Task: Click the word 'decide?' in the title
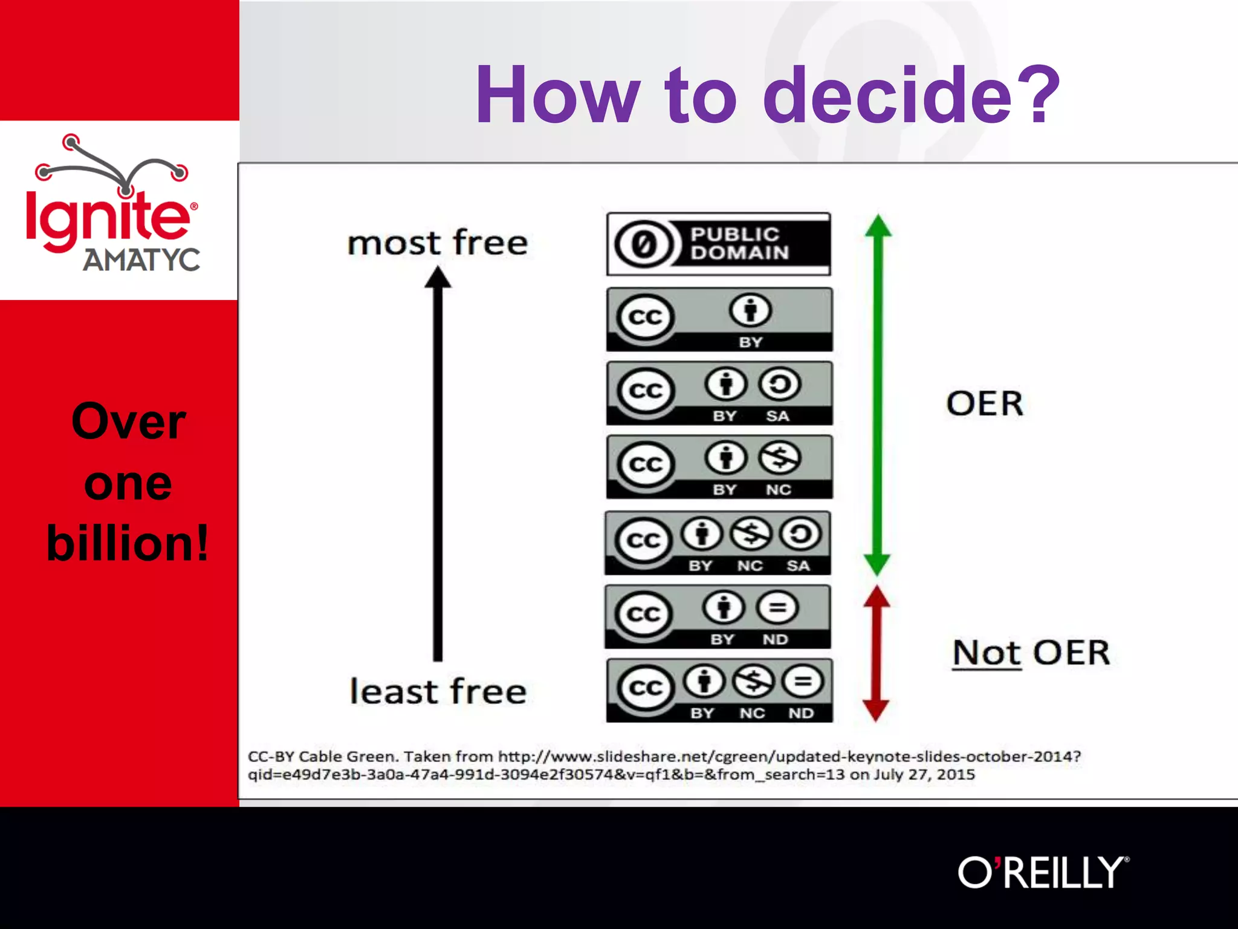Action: (910, 96)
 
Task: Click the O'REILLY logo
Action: (1043, 872)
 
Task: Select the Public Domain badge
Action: (718, 244)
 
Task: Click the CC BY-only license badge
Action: (719, 319)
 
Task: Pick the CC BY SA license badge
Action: (719, 393)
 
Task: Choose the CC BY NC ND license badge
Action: (719, 690)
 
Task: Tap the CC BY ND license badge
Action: (718, 616)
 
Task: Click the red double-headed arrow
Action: (876, 653)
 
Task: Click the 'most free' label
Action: (438, 243)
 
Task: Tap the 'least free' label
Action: (438, 691)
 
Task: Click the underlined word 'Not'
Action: (987, 653)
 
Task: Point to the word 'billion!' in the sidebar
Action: (128, 543)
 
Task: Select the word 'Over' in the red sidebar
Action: (128, 421)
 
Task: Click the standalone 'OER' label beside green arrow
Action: (985, 403)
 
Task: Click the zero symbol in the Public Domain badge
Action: (643, 244)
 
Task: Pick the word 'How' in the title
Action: (557, 96)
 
